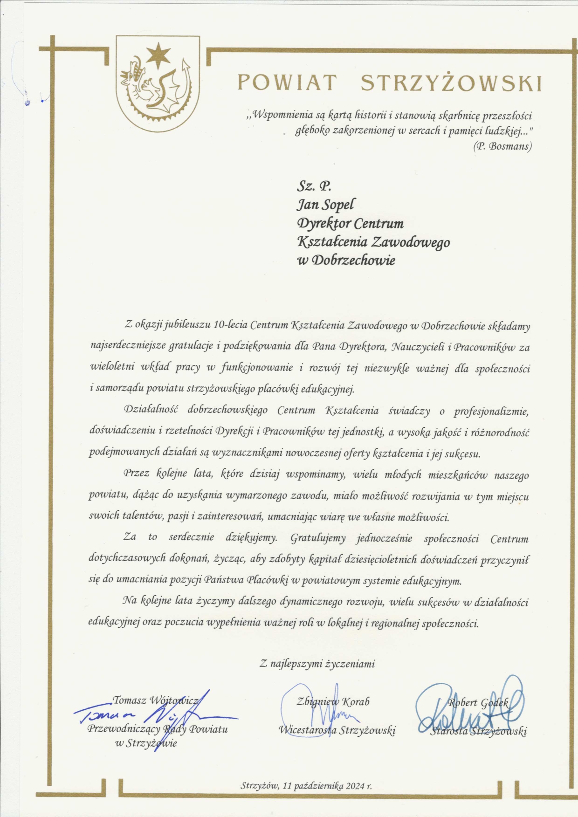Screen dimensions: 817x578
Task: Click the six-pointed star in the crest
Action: point(158,55)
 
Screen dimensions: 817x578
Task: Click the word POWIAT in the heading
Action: point(287,83)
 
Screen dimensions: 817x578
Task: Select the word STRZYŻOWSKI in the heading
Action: point(451,83)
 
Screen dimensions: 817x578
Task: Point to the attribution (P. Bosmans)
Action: point(502,146)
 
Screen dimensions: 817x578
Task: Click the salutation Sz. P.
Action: point(314,186)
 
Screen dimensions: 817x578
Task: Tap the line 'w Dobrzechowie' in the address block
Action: point(346,260)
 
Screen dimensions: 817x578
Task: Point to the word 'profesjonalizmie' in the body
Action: point(491,411)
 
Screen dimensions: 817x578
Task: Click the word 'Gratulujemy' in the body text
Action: point(318,539)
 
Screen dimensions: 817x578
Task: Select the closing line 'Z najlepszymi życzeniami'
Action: point(317,664)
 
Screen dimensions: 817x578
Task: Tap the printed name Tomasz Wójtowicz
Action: point(156,700)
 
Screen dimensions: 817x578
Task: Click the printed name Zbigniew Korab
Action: point(333,701)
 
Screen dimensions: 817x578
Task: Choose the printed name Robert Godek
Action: point(478,702)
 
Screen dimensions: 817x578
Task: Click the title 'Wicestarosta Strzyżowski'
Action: point(337,730)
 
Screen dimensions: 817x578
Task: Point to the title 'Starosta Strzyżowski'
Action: point(479,731)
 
